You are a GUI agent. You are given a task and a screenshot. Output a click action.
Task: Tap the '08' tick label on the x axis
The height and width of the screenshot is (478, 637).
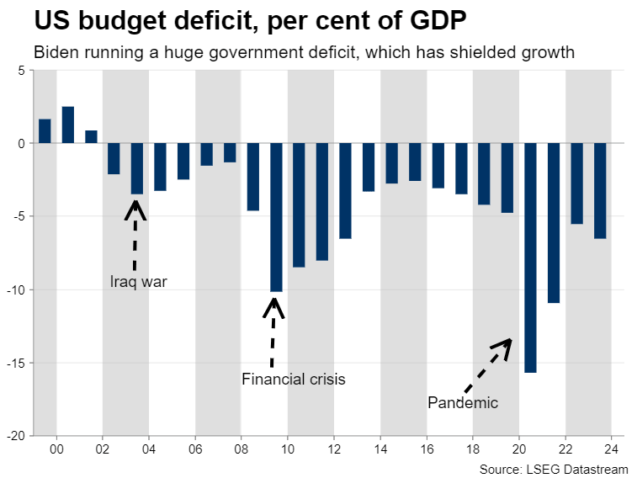pyautogui.click(x=242, y=449)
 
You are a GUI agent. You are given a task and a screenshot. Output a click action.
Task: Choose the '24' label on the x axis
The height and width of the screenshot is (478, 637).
pyautogui.click(x=612, y=449)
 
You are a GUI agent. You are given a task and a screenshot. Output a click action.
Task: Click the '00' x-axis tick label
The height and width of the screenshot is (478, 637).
pyautogui.click(x=56, y=449)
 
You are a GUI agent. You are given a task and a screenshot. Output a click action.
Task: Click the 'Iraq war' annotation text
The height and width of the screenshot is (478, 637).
pyautogui.click(x=139, y=282)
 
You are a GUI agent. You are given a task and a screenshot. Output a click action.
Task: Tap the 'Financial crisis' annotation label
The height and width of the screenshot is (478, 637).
pyautogui.click(x=293, y=380)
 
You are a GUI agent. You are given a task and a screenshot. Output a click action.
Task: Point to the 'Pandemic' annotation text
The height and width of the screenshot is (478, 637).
pyautogui.click(x=462, y=403)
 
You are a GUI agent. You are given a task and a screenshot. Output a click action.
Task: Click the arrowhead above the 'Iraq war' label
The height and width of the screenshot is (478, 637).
pyautogui.click(x=135, y=207)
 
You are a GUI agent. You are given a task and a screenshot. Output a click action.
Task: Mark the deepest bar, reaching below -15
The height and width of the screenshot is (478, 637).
pyautogui.click(x=530, y=258)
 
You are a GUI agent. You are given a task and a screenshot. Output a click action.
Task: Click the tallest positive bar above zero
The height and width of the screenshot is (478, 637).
pyautogui.click(x=68, y=125)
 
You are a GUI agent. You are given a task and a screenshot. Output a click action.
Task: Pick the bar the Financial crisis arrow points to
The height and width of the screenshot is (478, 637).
pyautogui.click(x=276, y=217)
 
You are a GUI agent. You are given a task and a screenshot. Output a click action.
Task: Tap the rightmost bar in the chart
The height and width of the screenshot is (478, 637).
pyautogui.click(x=600, y=191)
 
